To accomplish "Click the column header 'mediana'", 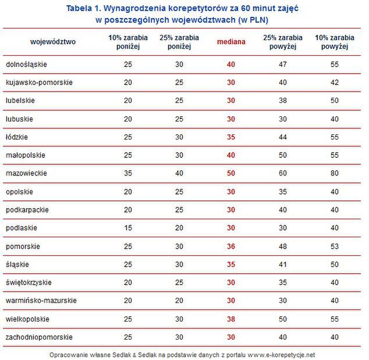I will [231, 41].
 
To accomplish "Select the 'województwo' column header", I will [53, 41].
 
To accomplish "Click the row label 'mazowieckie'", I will [27, 173].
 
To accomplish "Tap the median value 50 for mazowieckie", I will [231, 173].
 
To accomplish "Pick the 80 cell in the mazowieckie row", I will [334, 173].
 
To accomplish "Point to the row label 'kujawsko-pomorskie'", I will [39, 83].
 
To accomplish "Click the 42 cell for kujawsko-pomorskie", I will [334, 83].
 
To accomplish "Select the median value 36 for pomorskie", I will [231, 246].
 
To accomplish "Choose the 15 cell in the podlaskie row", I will [128, 228].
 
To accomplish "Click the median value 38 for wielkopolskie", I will [231, 319].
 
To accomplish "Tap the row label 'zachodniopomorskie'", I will [39, 337].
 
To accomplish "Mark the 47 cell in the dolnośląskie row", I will [283, 64].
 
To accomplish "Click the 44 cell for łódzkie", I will [283, 137].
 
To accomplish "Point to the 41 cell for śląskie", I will [283, 264].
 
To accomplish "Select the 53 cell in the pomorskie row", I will [334, 246].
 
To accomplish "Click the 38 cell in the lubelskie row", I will [283, 101].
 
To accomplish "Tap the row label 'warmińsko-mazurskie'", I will [41, 301].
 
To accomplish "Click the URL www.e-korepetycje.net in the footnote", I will [281, 354].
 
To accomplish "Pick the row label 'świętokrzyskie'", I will [29, 283].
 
